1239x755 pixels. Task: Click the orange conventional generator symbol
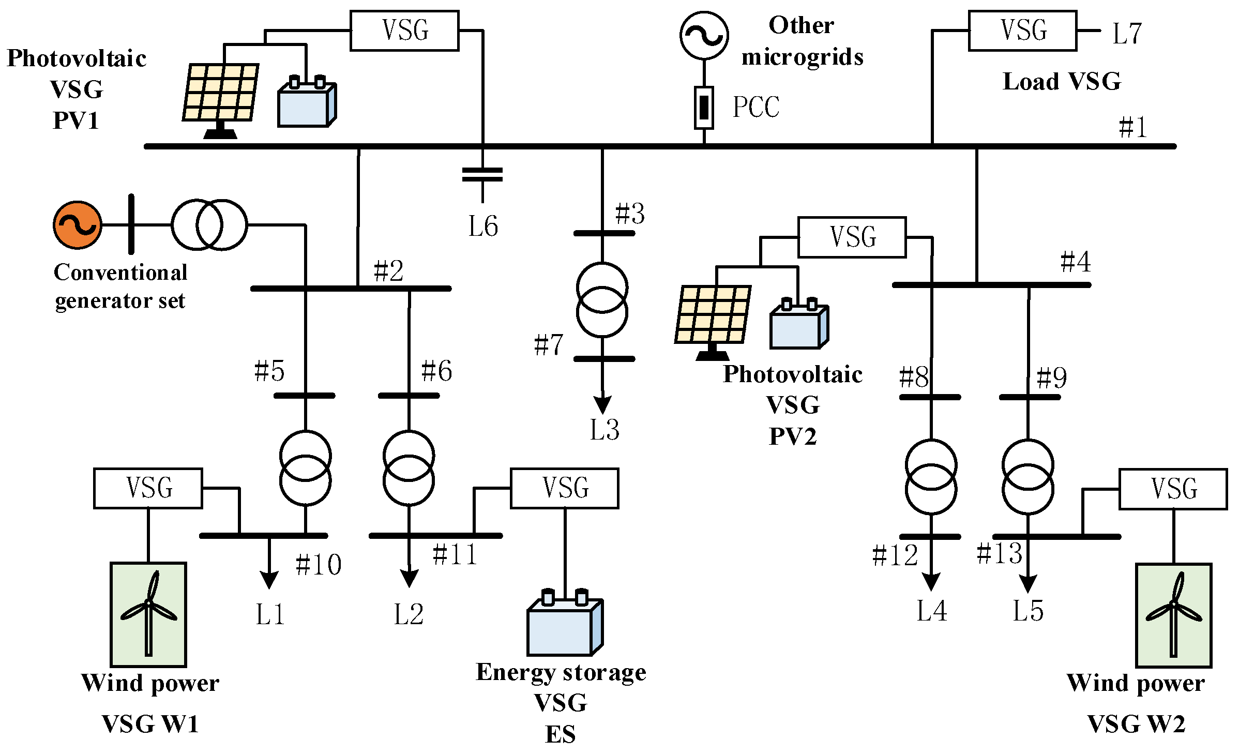click(78, 225)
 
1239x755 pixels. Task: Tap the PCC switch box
click(704, 107)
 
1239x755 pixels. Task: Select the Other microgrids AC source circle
click(704, 35)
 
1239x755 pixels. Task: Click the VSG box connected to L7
click(1022, 31)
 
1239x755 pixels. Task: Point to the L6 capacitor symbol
click(482, 175)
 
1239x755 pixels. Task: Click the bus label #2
click(388, 271)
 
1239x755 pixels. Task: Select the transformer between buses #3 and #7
click(602, 300)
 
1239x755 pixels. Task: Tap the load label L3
click(604, 430)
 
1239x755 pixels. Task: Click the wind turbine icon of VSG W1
click(148, 614)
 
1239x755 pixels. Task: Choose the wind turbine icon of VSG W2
click(1173, 615)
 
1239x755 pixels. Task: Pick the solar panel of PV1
click(221, 93)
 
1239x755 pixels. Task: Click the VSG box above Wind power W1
click(148, 488)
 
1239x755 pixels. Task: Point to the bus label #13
click(999, 553)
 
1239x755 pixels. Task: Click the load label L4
click(931, 611)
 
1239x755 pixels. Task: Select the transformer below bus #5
click(305, 468)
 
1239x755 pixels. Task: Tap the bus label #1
click(1132, 127)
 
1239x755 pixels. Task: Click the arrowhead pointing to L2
click(409, 578)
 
